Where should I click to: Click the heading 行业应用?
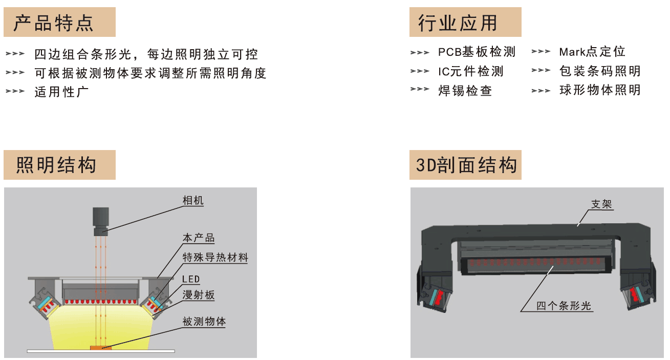pyautogui.click(x=457, y=23)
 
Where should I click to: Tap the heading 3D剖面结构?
pyautogui.click(x=466, y=165)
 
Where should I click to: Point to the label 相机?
pyautogui.click(x=193, y=201)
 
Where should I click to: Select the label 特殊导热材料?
pyautogui.click(x=215, y=257)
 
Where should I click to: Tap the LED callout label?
pyautogui.click(x=191, y=279)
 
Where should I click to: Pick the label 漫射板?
pyautogui.click(x=199, y=295)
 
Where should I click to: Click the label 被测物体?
pyautogui.click(x=204, y=322)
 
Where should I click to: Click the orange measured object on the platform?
pyautogui.click(x=101, y=348)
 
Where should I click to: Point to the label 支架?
pyautogui.click(x=601, y=204)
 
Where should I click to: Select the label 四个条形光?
pyautogui.click(x=563, y=306)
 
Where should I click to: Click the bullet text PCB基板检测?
pyautogui.click(x=477, y=52)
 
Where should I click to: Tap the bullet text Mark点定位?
pyautogui.click(x=592, y=52)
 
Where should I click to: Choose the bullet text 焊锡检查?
pyautogui.click(x=465, y=91)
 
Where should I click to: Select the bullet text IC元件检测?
pyautogui.click(x=471, y=72)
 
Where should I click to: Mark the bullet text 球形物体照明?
pyautogui.click(x=600, y=90)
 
